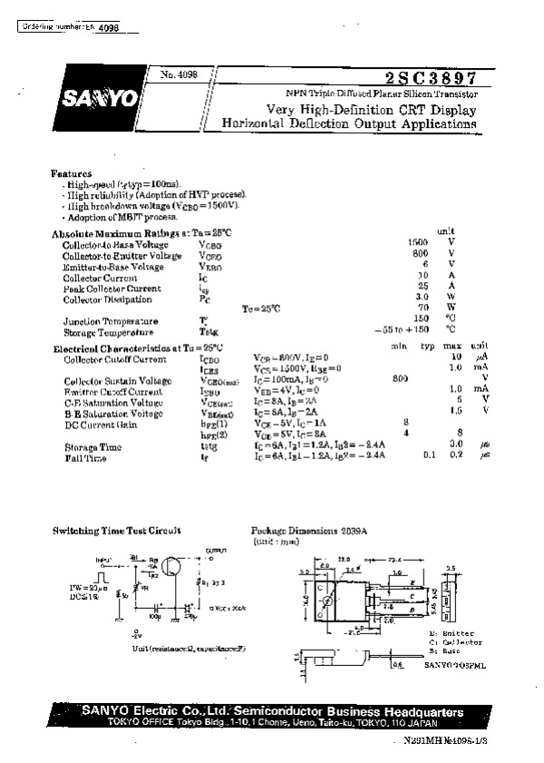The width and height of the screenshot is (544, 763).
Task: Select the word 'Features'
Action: point(72,172)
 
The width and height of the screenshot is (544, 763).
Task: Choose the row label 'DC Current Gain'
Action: point(101,424)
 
